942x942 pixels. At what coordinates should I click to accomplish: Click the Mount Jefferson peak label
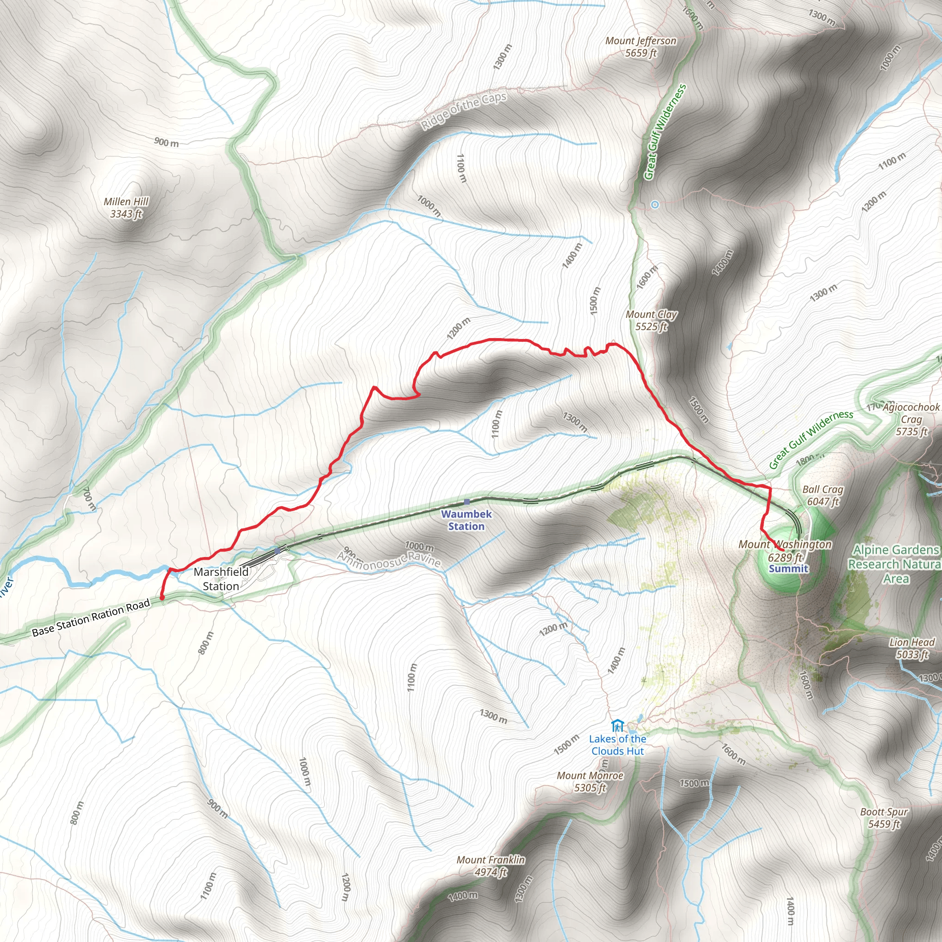(x=641, y=47)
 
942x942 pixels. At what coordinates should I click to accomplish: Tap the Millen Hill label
(x=126, y=208)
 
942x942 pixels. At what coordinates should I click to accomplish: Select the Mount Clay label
(x=651, y=320)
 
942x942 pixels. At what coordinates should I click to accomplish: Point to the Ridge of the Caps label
(x=464, y=111)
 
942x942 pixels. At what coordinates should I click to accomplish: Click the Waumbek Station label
(x=466, y=520)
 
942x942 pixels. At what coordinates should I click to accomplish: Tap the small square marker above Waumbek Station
(x=466, y=501)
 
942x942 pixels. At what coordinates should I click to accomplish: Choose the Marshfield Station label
(x=221, y=579)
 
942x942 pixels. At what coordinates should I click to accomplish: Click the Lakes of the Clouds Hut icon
(x=617, y=726)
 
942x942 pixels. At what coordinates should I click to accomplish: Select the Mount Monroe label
(x=590, y=781)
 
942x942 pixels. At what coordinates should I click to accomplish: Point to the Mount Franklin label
(x=490, y=866)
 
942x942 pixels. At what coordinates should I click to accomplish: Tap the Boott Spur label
(x=884, y=818)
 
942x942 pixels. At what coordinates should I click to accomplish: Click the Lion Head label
(x=911, y=648)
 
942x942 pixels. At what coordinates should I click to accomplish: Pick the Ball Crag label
(x=822, y=495)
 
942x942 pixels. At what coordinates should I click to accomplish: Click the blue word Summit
(x=788, y=569)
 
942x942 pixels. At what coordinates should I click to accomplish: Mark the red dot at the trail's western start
(x=162, y=597)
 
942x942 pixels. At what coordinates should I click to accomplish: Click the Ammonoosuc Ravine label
(x=389, y=560)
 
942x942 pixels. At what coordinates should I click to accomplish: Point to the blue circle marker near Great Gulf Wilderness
(x=655, y=205)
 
